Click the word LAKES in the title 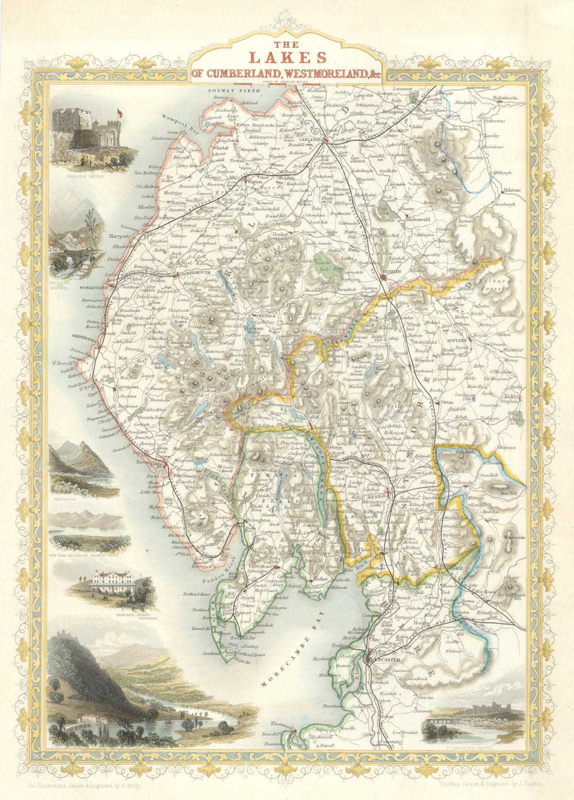tap(287, 57)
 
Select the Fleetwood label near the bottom tap(281, 723)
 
